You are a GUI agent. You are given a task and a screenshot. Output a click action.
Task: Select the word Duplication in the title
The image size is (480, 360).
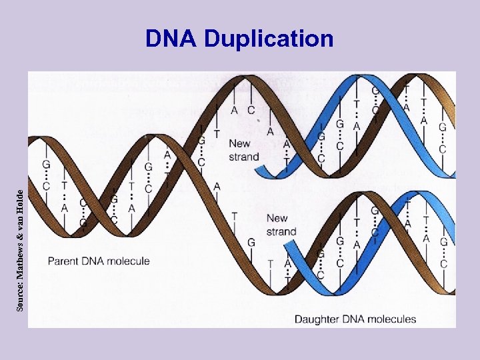[268, 40]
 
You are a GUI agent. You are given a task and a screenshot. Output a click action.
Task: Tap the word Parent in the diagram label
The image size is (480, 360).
[64, 261]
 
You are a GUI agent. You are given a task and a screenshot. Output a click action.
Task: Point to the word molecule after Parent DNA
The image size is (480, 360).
[128, 261]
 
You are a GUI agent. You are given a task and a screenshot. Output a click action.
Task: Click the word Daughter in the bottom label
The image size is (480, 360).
[316, 319]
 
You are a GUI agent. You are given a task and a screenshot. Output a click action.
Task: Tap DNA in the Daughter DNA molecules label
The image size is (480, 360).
[352, 319]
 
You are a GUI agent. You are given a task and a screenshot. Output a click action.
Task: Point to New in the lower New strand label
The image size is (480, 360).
[277, 218]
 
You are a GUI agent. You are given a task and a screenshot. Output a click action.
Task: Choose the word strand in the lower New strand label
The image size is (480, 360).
[281, 232]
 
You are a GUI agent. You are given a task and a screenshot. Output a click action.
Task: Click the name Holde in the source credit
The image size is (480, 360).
[21, 199]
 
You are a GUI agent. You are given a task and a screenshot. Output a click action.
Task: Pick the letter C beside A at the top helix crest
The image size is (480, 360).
[251, 110]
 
